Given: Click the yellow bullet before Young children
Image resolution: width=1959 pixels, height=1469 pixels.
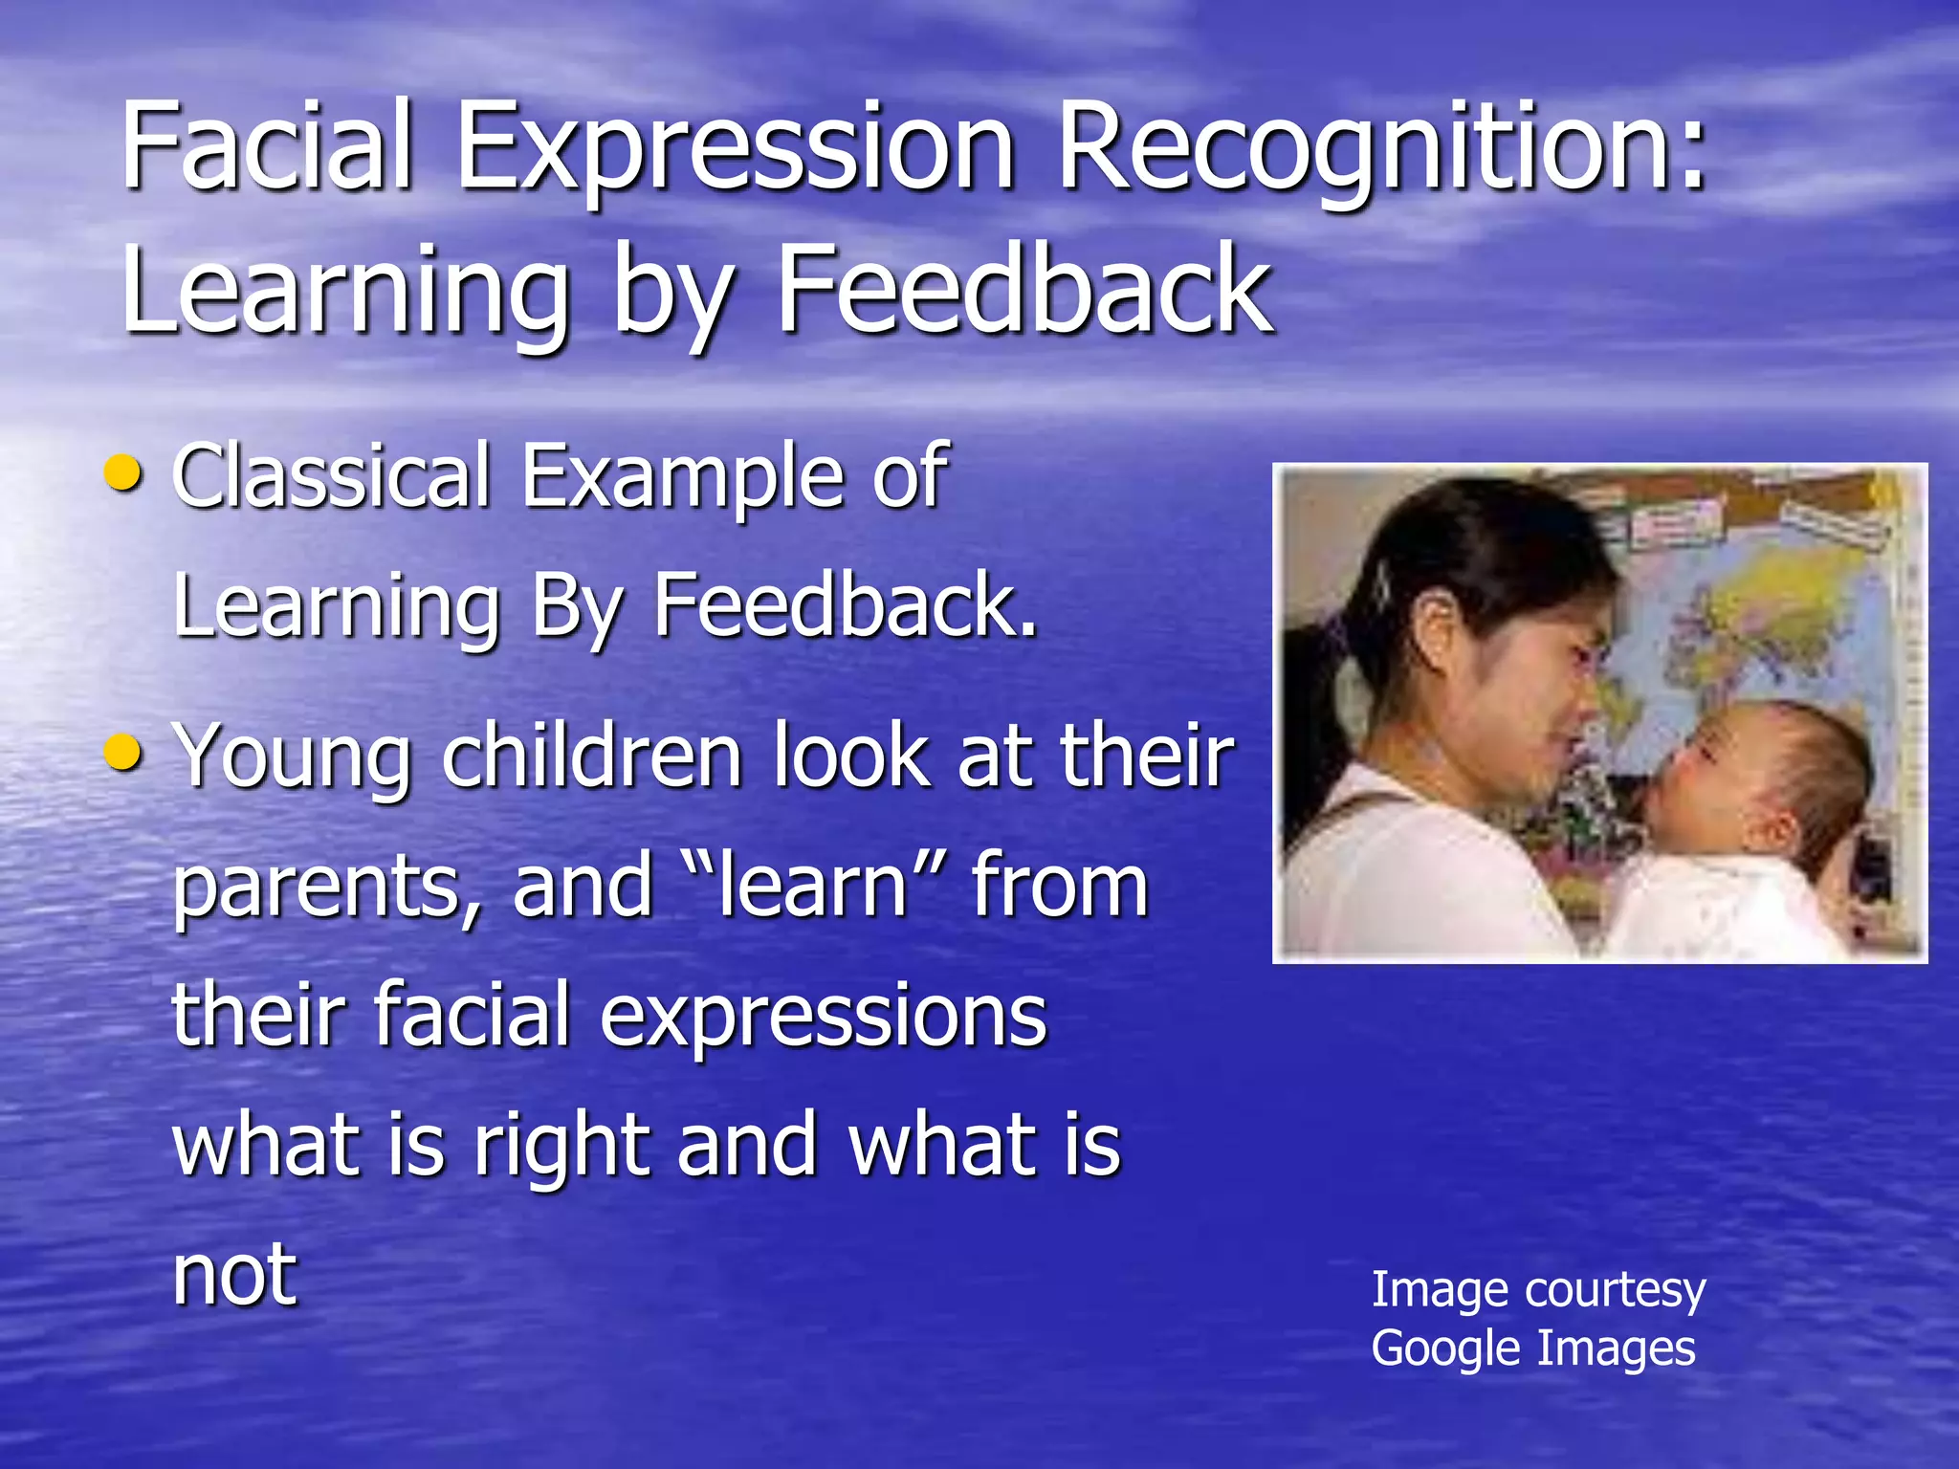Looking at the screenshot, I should (x=124, y=752).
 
